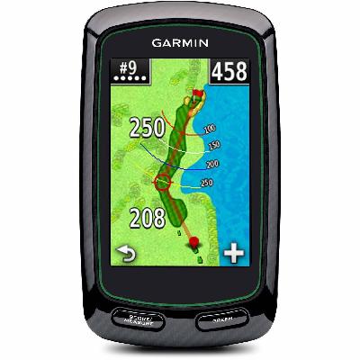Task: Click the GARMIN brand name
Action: tap(180, 41)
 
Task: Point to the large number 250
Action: tap(146, 129)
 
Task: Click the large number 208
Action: tap(148, 217)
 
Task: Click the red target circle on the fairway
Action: tap(163, 183)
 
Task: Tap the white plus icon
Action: tap(233, 253)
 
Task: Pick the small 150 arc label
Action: tap(214, 146)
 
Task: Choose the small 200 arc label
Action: tap(212, 165)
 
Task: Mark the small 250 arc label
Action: tap(207, 183)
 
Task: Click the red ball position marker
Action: tap(191, 242)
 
